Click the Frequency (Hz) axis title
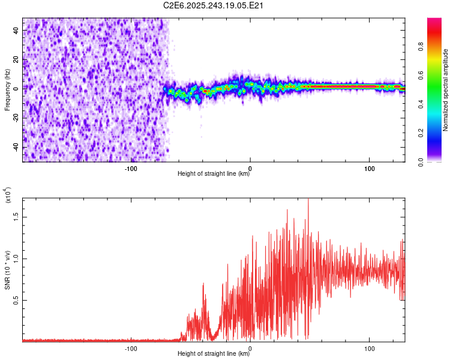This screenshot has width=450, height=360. point(7,90)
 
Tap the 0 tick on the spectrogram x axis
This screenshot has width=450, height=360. point(250,168)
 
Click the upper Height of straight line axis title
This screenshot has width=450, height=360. point(214,174)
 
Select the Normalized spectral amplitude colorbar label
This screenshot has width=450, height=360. point(446,90)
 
